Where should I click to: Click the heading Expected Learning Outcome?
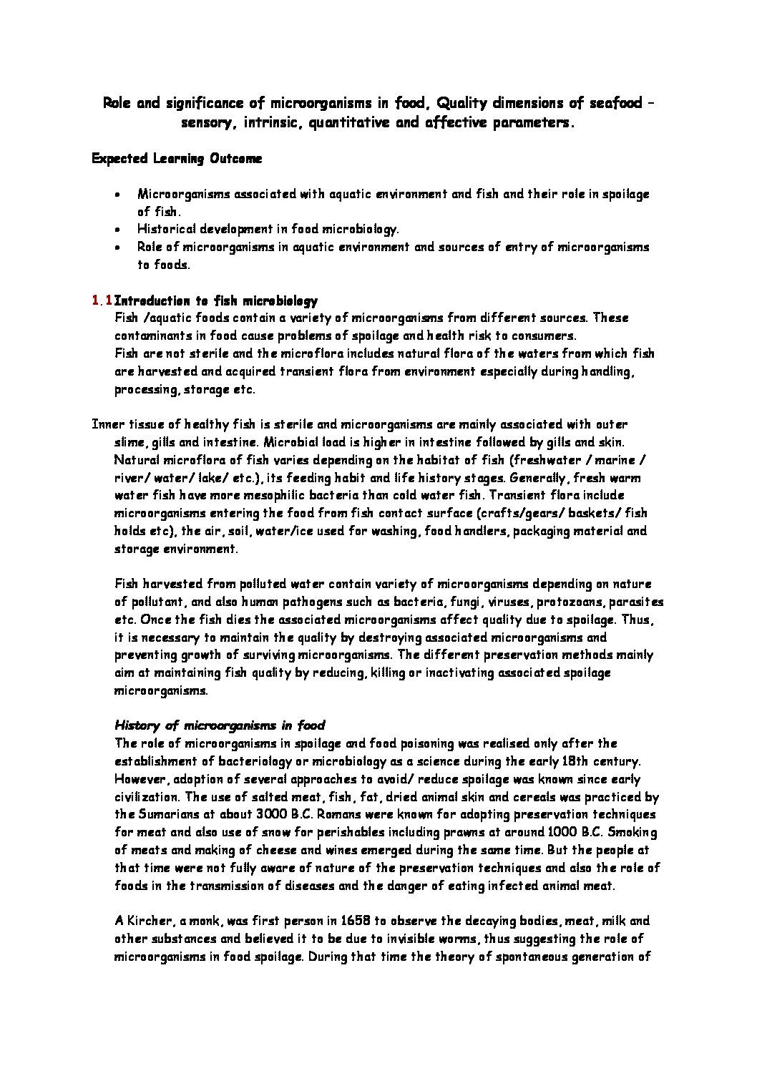tap(177, 159)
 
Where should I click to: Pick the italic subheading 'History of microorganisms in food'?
tap(220, 725)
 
